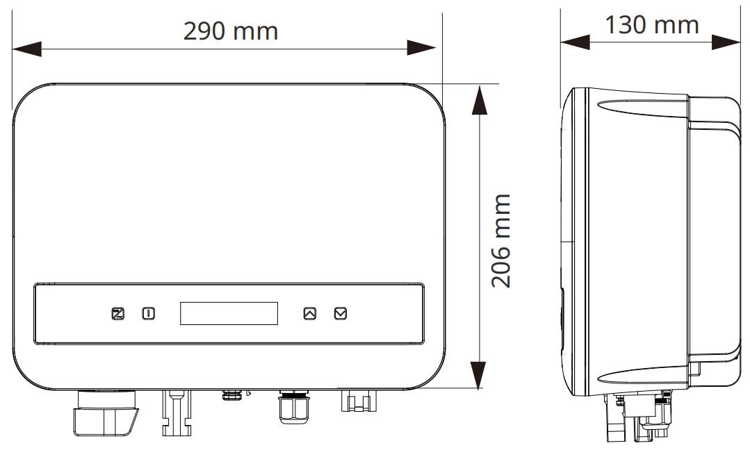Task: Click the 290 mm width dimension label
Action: click(230, 31)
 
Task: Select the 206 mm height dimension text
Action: click(501, 241)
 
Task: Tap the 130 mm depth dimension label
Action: click(651, 25)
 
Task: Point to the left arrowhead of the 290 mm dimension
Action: click(26, 49)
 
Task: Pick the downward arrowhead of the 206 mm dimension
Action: click(478, 374)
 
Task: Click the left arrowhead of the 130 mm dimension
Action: click(575, 42)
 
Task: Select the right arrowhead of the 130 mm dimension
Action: click(727, 42)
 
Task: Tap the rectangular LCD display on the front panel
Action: click(229, 313)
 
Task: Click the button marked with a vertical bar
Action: click(148, 313)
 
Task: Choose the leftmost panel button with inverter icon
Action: click(117, 313)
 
